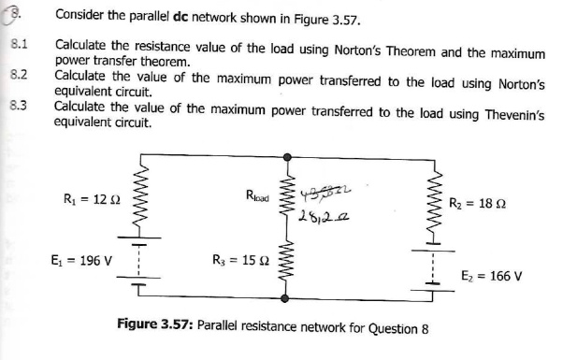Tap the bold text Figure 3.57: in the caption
click(x=156, y=328)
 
